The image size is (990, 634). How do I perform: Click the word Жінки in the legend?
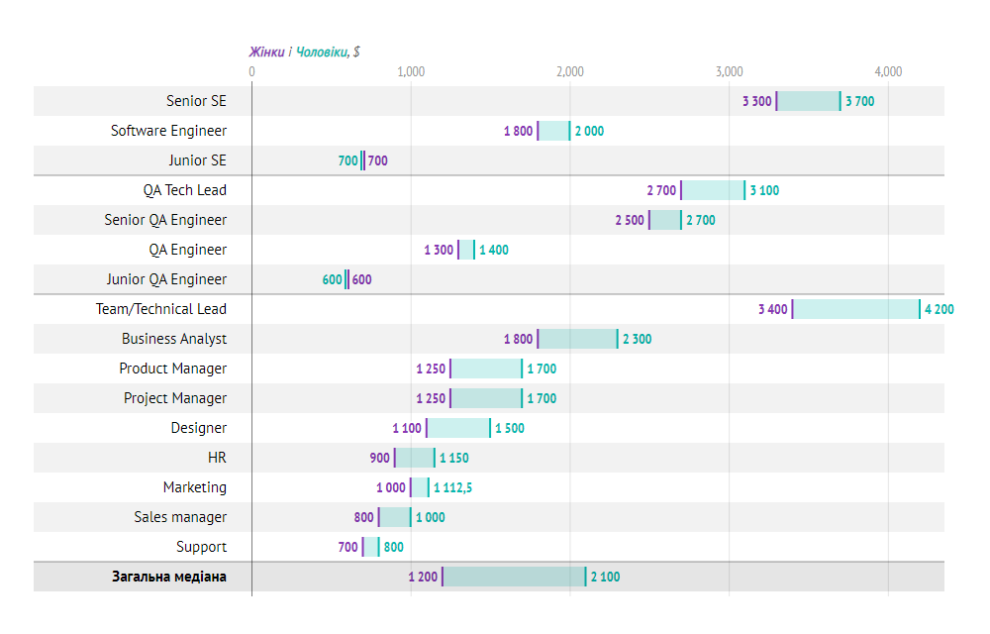266,52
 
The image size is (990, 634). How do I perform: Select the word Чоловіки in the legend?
322,52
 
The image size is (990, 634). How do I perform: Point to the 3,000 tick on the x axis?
729,71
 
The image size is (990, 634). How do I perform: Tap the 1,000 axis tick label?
411,71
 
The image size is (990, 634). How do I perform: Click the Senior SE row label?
196,101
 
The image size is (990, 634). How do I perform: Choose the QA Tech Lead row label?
184,190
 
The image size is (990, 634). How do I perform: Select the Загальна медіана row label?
168,577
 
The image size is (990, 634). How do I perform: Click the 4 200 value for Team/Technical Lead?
940,309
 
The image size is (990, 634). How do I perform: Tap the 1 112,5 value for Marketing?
452,487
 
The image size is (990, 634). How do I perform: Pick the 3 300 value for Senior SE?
756,101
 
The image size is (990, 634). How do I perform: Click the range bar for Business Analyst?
577,339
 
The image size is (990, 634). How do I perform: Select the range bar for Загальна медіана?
514,577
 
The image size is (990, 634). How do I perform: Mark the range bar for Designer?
458,428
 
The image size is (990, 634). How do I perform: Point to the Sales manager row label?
180,517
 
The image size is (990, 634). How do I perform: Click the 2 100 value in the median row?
605,577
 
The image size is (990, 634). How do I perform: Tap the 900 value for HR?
379,458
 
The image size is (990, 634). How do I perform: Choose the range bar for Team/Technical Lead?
856,309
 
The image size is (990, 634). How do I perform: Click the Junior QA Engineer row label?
166,279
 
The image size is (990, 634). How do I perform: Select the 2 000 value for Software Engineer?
589,131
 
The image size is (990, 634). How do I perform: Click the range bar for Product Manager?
486,369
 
